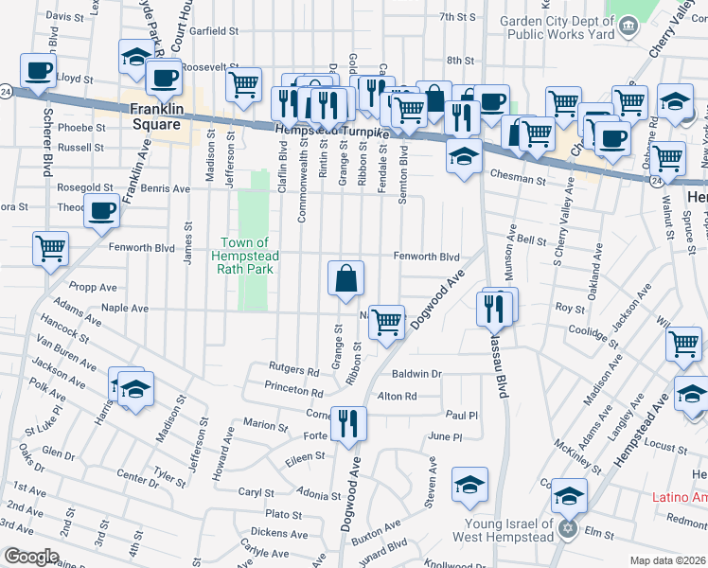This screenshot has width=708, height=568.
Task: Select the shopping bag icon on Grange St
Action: pyautogui.click(x=346, y=277)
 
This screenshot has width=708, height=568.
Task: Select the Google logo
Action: pyautogui.click(x=30, y=557)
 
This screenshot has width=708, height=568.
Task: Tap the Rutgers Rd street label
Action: pyautogui.click(x=293, y=370)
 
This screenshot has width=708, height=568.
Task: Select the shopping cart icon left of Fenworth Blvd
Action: pyautogui.click(x=50, y=249)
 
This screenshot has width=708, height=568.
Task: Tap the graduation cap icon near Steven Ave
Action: pyautogui.click(x=469, y=484)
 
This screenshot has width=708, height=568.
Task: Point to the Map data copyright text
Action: pyautogui.click(x=667, y=560)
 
